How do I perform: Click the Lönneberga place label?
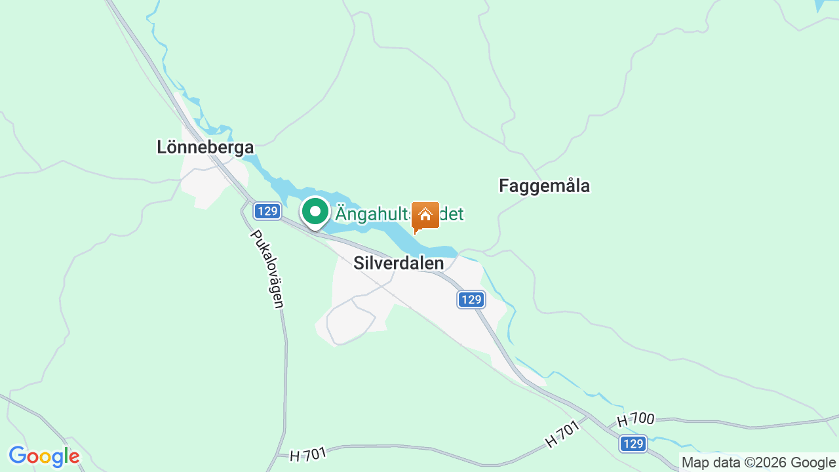tap(205, 147)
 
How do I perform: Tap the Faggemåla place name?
tap(544, 186)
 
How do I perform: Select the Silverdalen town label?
tap(399, 263)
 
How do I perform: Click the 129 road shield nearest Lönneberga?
tap(267, 211)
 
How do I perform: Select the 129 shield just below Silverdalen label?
tap(471, 300)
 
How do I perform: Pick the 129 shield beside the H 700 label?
tap(633, 444)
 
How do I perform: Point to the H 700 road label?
tap(636, 420)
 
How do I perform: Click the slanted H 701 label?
tap(562, 435)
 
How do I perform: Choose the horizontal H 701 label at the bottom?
tap(307, 453)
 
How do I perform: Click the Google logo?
tap(44, 456)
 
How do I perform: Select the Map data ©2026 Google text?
tap(758, 463)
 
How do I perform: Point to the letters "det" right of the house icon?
tap(452, 214)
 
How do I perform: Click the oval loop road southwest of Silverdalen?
tap(351, 321)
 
